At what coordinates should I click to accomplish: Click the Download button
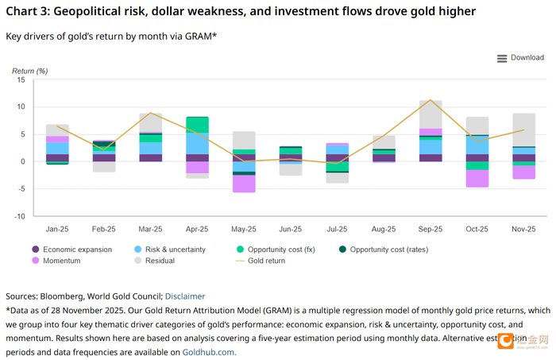520,58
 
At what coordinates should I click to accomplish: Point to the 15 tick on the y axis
21,79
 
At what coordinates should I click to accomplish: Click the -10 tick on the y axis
19,216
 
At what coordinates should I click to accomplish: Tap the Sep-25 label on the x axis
430,229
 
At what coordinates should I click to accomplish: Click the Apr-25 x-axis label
198,229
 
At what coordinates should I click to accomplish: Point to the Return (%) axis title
30,71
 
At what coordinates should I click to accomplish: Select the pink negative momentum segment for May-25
244,183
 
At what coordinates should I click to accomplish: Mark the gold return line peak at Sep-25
430,100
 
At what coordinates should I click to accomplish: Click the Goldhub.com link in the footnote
209,351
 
